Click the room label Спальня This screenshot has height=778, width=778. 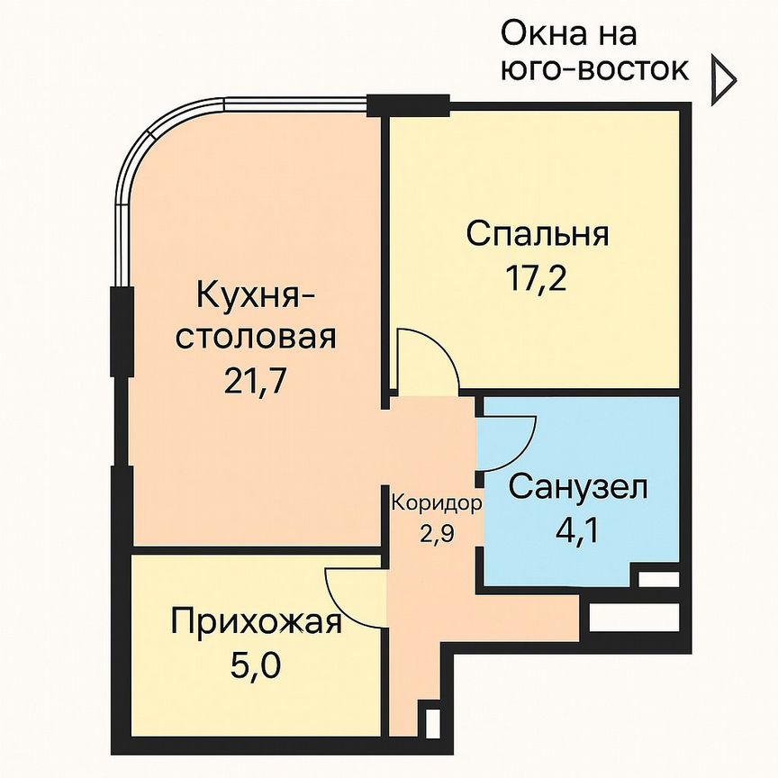tap(538, 233)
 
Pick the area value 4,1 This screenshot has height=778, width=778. tap(577, 527)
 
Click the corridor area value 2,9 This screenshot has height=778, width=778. tap(436, 530)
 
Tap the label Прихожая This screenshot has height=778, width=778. tap(257, 622)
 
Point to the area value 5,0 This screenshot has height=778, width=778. tap(257, 667)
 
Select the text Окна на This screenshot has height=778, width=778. tap(568, 34)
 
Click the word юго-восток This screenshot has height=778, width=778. tap(595, 69)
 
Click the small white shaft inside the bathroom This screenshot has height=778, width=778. tap(656, 578)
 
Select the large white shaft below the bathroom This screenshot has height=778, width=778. tap(633, 618)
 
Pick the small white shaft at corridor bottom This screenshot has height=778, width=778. tap(431, 722)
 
